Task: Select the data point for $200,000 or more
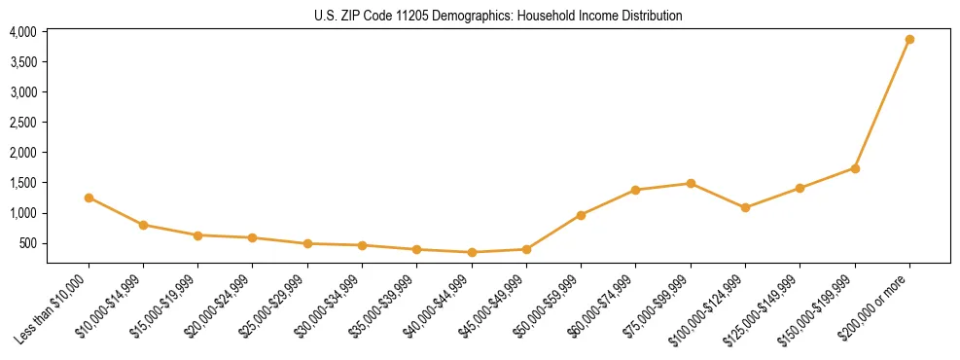(x=909, y=40)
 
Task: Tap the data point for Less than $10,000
(x=89, y=198)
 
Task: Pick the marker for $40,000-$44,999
(x=472, y=252)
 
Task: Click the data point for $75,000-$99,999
(x=691, y=183)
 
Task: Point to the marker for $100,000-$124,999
(x=745, y=207)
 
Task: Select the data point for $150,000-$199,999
(x=855, y=168)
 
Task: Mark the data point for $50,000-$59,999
(x=581, y=215)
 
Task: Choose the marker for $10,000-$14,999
(x=143, y=225)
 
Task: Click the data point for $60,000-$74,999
(x=635, y=190)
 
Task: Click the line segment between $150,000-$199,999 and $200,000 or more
(x=882, y=104)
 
